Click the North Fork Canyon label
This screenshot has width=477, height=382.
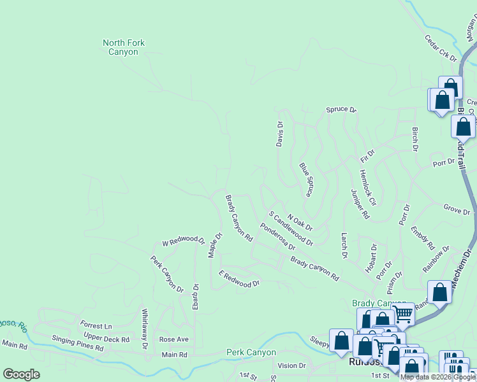(x=124, y=47)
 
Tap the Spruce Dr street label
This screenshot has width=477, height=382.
(x=341, y=110)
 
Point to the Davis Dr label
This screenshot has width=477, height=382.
(x=279, y=134)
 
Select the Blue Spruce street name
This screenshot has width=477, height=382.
(x=306, y=179)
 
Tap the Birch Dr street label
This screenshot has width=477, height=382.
(x=415, y=139)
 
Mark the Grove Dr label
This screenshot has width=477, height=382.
(x=457, y=209)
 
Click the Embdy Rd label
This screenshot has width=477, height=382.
(x=423, y=237)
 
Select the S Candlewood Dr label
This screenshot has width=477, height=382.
(x=291, y=229)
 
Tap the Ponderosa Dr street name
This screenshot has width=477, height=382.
(x=277, y=236)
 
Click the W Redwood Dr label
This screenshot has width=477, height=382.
(x=183, y=242)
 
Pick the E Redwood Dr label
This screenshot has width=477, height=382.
(x=239, y=279)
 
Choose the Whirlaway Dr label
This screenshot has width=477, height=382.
(x=145, y=329)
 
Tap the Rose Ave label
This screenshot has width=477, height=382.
(x=174, y=339)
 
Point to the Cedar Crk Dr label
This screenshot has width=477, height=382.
(x=441, y=48)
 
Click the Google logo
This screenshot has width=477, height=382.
(x=21, y=374)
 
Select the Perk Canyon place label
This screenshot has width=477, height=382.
(x=251, y=352)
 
